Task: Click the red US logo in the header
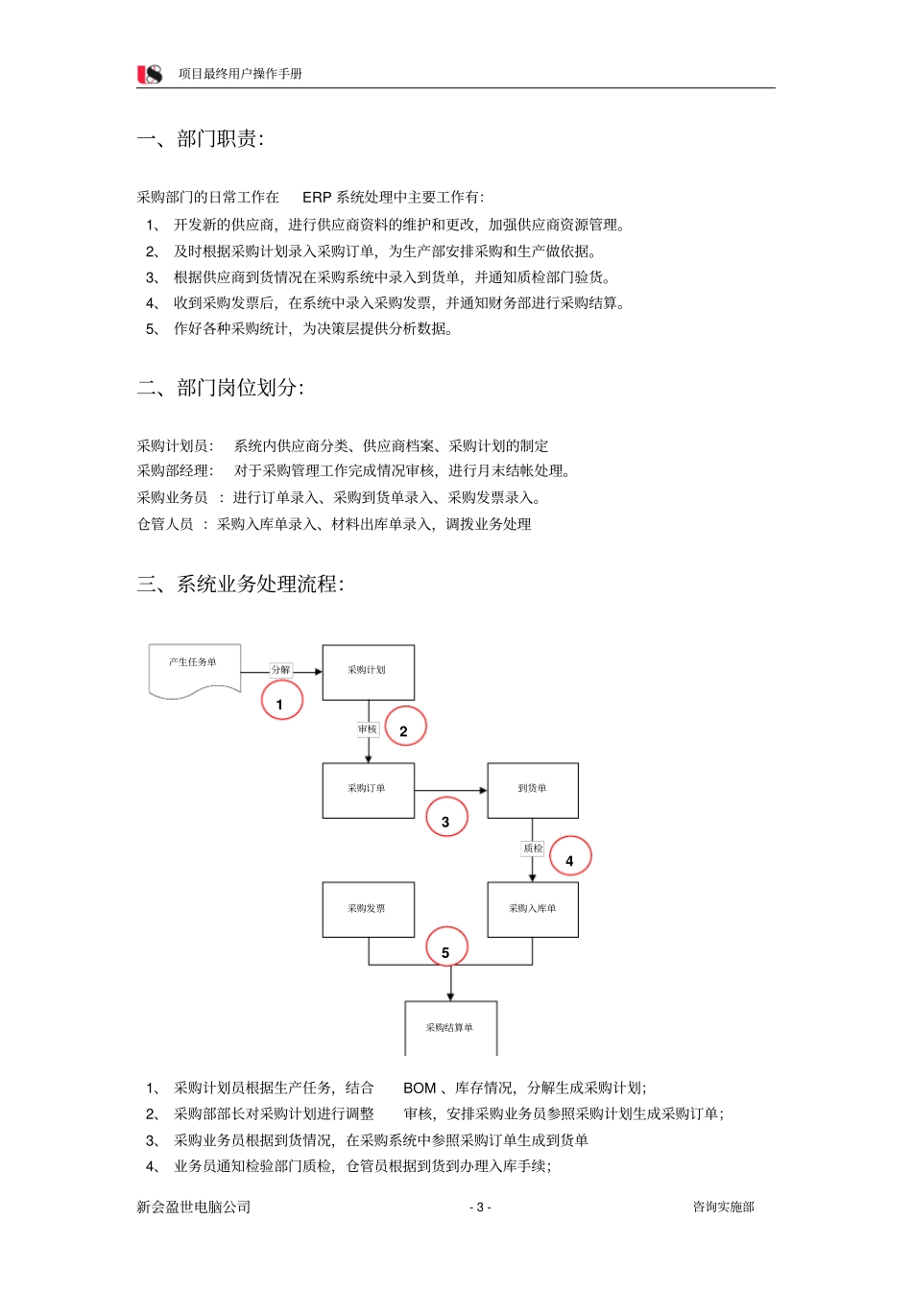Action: click(x=150, y=74)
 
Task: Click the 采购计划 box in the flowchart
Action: click(x=368, y=671)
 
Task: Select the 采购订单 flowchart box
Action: click(x=368, y=789)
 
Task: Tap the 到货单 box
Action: click(x=533, y=789)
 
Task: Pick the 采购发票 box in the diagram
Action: click(x=368, y=908)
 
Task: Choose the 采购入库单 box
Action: click(x=533, y=908)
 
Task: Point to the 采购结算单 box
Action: click(x=450, y=1027)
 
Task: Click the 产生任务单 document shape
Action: click(x=194, y=668)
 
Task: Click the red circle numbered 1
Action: click(x=281, y=701)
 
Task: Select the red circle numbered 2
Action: click(x=404, y=729)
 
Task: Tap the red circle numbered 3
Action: click(x=446, y=818)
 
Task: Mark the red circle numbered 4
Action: click(x=570, y=857)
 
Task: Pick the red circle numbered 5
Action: click(x=446, y=948)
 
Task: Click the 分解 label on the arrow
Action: click(x=280, y=670)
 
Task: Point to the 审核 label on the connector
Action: click(x=368, y=729)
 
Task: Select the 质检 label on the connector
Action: click(x=533, y=849)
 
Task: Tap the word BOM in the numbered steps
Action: click(x=420, y=1088)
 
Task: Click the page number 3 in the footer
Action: click(x=480, y=1207)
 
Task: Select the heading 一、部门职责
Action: click(x=201, y=139)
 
